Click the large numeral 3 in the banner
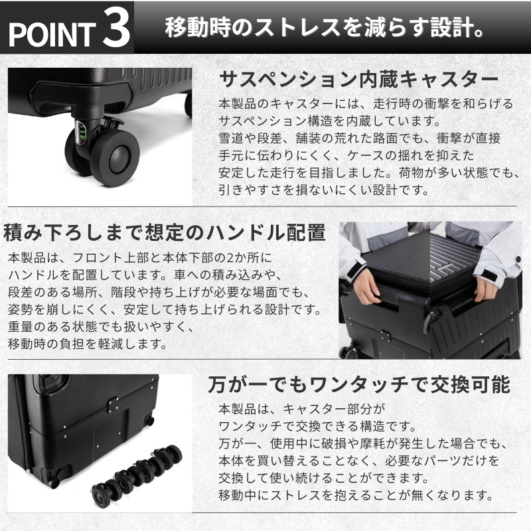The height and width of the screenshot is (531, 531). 116,28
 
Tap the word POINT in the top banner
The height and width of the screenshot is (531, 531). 52,35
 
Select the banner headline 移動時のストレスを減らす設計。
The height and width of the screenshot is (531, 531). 324,27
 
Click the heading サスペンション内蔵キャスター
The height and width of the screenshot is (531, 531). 358,79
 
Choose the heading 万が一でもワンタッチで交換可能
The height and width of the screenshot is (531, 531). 359,384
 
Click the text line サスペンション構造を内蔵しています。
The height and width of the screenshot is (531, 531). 330,121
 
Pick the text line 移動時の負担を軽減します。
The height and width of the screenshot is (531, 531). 88,344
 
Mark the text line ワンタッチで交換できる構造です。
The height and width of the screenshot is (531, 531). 317,426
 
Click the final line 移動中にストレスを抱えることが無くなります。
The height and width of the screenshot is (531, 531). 356,495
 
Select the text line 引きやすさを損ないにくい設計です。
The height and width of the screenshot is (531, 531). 324,190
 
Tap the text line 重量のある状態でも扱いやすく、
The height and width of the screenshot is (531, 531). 101,327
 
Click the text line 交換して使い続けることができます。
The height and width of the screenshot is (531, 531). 324,478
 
